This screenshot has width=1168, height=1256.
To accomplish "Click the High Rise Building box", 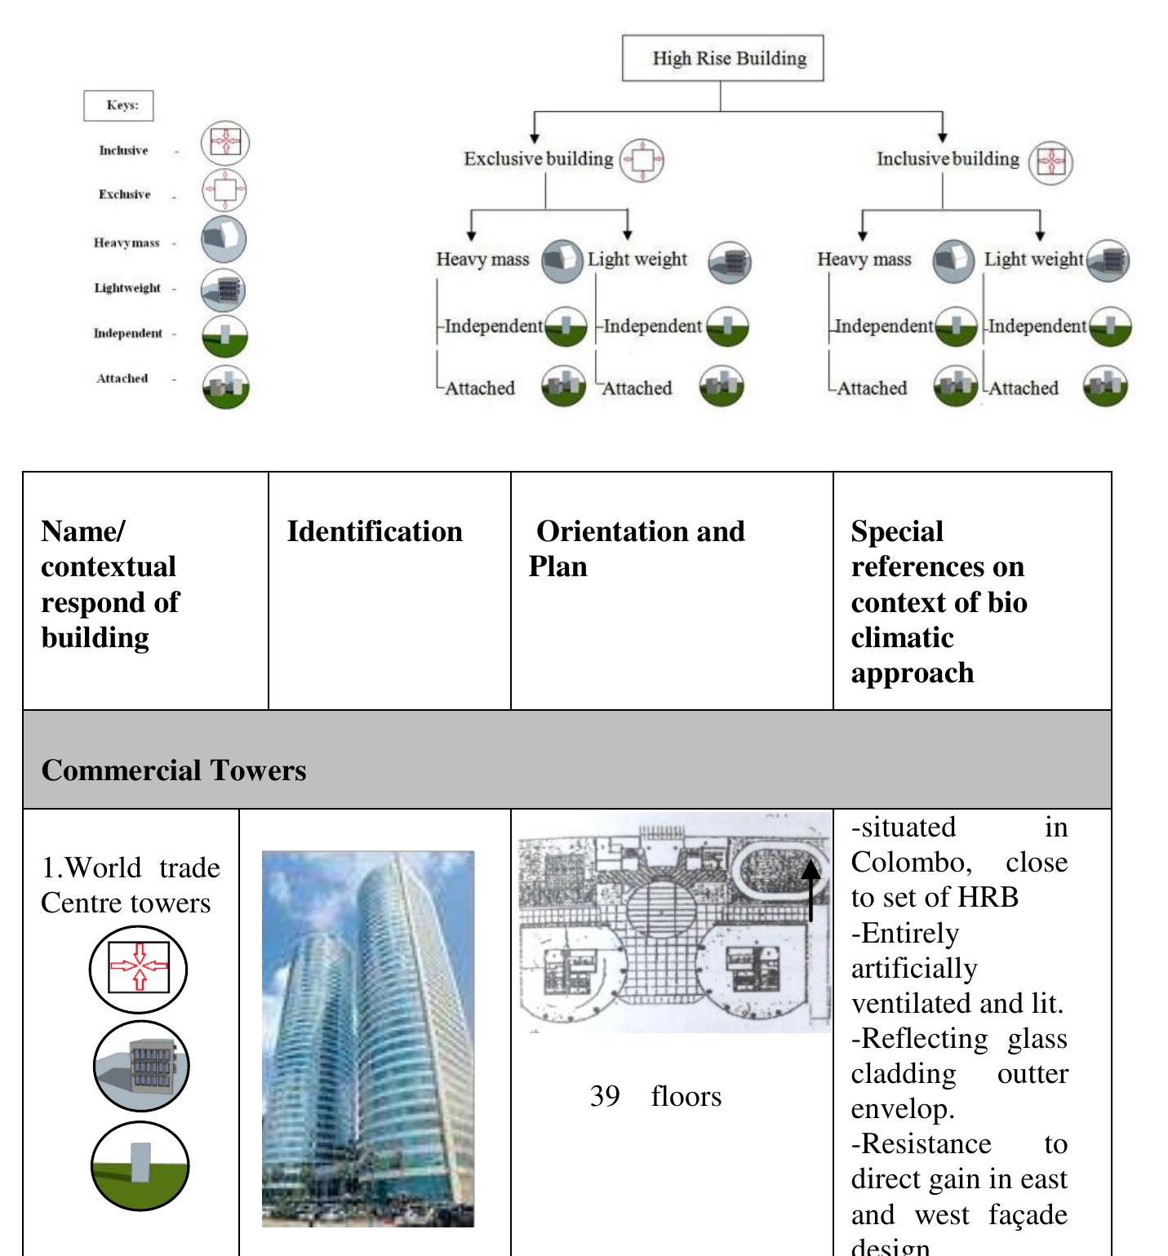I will pos(722,58).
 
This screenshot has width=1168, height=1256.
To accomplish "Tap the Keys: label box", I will pos(118,105).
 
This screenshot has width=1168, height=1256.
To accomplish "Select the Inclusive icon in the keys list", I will pos(225,143).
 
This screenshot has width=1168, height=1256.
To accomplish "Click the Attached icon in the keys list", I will pos(225,385).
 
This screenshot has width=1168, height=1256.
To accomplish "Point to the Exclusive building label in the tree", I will pos(538,158).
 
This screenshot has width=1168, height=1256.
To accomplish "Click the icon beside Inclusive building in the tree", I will pos(1050,162).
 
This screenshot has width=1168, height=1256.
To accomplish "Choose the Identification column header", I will pos(375,531).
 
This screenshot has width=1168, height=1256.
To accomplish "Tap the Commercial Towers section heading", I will pos(174,770).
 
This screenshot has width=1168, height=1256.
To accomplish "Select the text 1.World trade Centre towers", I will pos(131,885).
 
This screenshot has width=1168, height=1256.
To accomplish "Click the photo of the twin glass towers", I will pos(367,1038).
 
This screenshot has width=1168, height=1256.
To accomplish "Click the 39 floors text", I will pos(655,1096).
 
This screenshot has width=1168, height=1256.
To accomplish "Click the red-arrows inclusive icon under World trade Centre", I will pos(139,968).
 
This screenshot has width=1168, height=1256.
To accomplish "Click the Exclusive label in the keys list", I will pos(124,194).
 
